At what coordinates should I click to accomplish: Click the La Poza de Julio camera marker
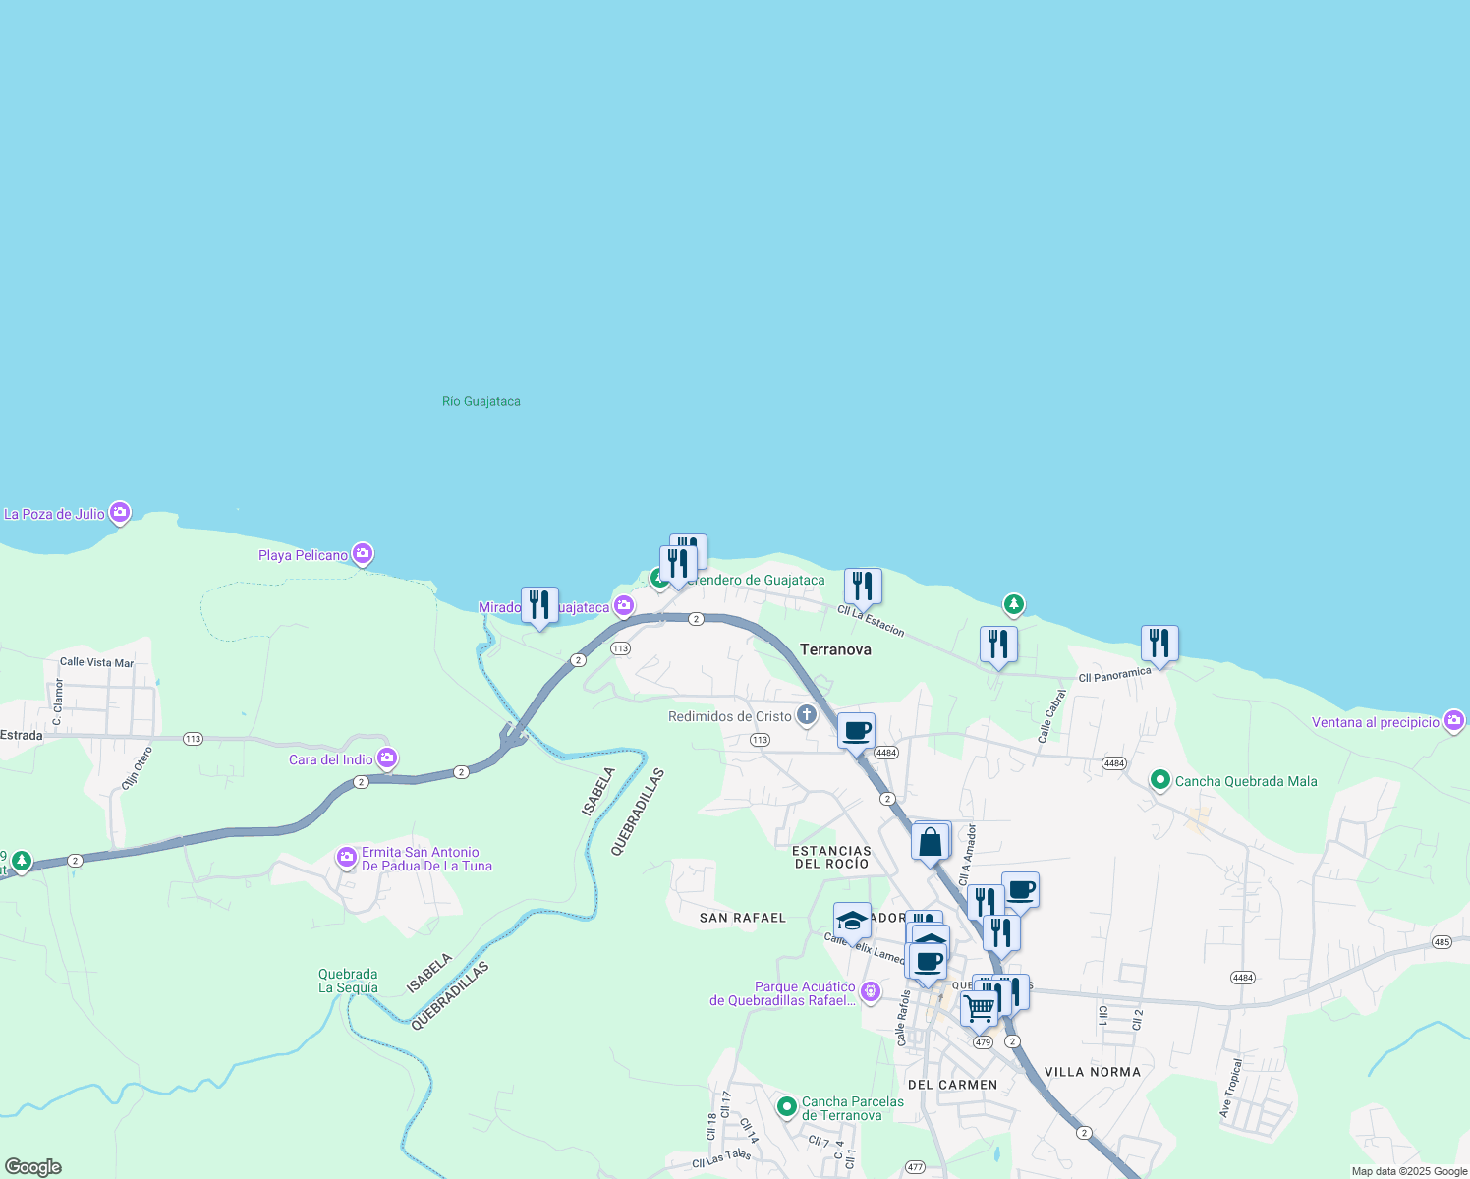pyautogui.click(x=120, y=512)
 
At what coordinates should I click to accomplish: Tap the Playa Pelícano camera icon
pyautogui.click(x=363, y=554)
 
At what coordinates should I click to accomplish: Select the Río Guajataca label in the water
pyautogui.click(x=481, y=401)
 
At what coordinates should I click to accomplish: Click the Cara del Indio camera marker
pyautogui.click(x=387, y=758)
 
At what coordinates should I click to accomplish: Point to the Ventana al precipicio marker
pyautogui.click(x=1454, y=721)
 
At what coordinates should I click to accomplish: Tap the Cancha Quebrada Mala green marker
pyautogui.click(x=1160, y=781)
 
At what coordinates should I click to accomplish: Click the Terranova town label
pyautogui.click(x=835, y=649)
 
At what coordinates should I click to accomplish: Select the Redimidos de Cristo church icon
pyautogui.click(x=807, y=715)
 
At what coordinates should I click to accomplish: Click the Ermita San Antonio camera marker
pyautogui.click(x=347, y=858)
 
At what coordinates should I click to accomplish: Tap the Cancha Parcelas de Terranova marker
pyautogui.click(x=787, y=1107)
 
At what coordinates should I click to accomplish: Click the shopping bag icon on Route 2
pyautogui.click(x=931, y=843)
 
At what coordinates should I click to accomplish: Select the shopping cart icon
pyautogui.click(x=979, y=1008)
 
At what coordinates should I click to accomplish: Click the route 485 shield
pyautogui.click(x=1442, y=942)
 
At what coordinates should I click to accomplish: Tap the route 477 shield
pyautogui.click(x=916, y=1167)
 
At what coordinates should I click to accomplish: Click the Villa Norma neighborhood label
pyautogui.click(x=1092, y=1072)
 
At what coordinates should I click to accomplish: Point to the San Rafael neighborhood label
pyautogui.click(x=743, y=918)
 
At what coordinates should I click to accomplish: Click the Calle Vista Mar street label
pyautogui.click(x=96, y=662)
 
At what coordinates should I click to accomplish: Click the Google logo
pyautogui.click(x=33, y=1167)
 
